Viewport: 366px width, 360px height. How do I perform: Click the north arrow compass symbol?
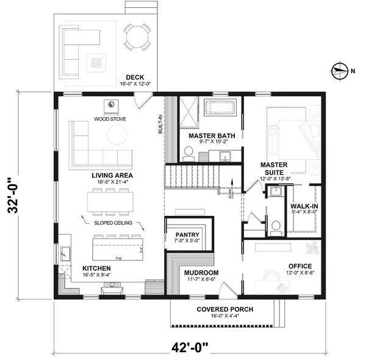(340, 70)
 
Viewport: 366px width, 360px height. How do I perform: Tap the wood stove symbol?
(110, 106)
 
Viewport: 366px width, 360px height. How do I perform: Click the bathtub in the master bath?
(218, 109)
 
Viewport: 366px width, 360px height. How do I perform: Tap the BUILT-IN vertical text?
(161, 125)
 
